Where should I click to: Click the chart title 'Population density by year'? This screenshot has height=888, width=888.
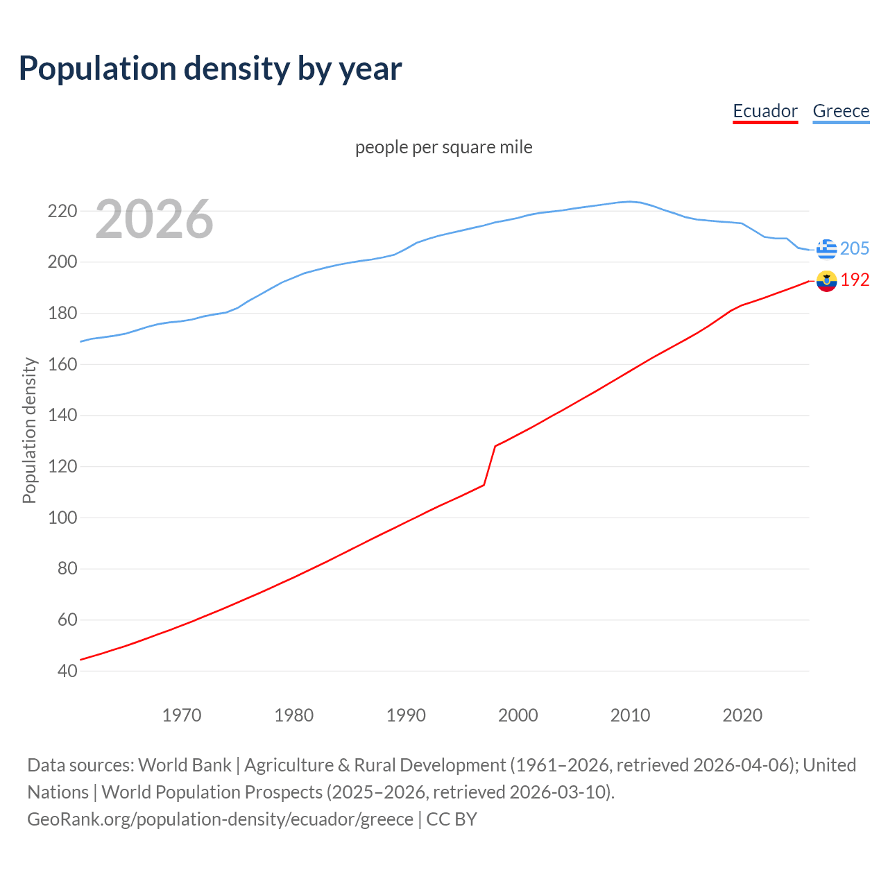(x=210, y=68)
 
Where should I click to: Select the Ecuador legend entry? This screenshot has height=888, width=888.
(x=765, y=111)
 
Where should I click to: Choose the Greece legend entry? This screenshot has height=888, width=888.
(x=841, y=111)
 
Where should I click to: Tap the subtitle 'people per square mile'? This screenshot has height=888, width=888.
(x=443, y=147)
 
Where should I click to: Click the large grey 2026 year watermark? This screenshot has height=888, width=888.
(x=154, y=219)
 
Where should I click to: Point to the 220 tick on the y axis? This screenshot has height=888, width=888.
(x=62, y=211)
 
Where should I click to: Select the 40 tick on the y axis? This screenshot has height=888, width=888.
(x=67, y=671)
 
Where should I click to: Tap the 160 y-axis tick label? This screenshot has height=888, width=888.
(x=62, y=364)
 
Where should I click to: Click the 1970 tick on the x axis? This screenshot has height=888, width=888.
(x=182, y=715)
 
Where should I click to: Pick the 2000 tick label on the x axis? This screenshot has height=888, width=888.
(x=518, y=715)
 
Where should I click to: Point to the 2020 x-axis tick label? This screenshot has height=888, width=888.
(x=742, y=715)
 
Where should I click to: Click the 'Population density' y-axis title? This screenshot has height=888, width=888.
(x=29, y=430)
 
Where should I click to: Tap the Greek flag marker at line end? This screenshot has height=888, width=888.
(x=826, y=248)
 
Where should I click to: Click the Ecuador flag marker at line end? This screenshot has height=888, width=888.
(x=826, y=280)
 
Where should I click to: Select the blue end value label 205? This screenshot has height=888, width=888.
(x=855, y=248)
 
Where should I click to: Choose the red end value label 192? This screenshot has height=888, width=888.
(x=855, y=280)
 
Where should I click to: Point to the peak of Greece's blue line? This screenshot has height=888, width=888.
(x=630, y=202)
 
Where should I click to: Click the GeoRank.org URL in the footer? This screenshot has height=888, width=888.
(x=220, y=819)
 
